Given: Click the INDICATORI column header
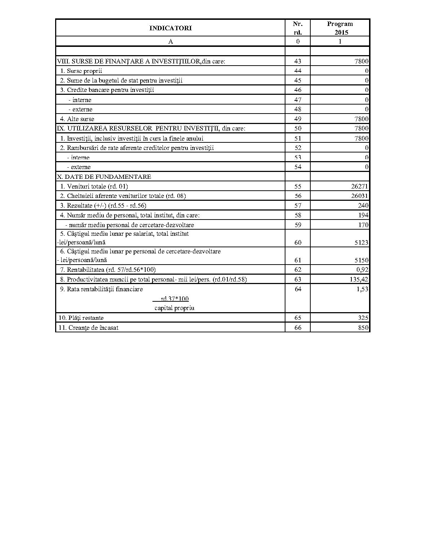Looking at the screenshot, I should [x=170, y=28].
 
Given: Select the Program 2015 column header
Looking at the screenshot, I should [x=340, y=28].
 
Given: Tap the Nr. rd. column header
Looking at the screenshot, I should [x=298, y=28].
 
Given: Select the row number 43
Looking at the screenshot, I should [x=298, y=61].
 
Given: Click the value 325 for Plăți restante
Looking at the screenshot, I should [x=363, y=318].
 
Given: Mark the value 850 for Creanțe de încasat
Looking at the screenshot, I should [x=363, y=328].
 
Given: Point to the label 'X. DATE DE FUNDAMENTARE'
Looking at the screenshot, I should [x=104, y=177].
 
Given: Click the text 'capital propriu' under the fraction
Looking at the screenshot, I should [x=174, y=308].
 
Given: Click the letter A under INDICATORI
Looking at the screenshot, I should [x=170, y=41].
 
